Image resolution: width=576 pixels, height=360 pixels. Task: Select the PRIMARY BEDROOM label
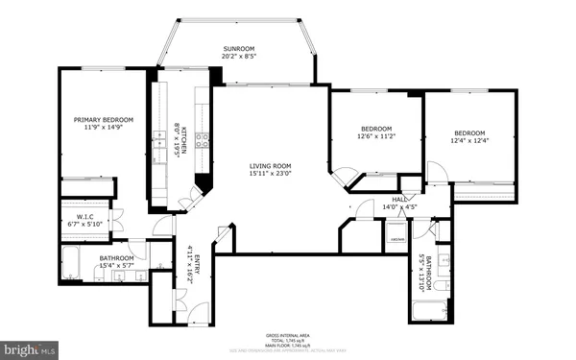[x=104, y=119]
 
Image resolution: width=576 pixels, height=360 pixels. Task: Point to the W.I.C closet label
[x=85, y=218]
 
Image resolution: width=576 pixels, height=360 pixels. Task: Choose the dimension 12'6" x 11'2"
[x=376, y=136]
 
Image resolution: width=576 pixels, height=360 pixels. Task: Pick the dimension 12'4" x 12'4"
[x=469, y=141]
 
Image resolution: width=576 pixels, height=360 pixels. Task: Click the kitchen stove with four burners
[x=204, y=139]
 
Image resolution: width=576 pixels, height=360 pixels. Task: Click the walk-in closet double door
[x=118, y=219]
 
